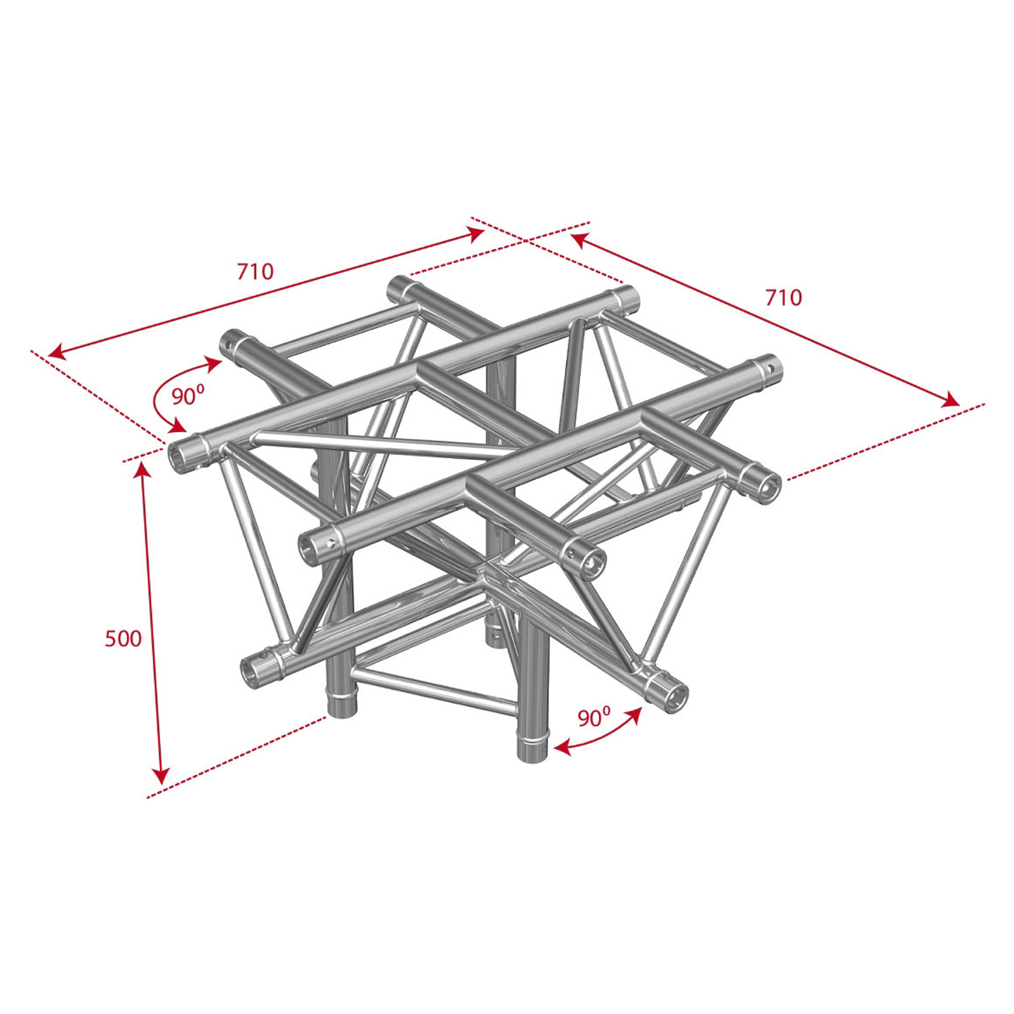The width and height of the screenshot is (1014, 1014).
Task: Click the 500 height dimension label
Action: pyautogui.click(x=123, y=638)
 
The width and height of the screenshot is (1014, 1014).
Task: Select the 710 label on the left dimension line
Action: pyautogui.click(x=255, y=271)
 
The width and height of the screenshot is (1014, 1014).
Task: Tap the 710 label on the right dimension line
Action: pyautogui.click(x=784, y=297)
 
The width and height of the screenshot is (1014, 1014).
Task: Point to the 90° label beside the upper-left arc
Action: pyautogui.click(x=188, y=396)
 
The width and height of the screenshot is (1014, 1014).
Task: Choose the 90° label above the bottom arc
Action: pyautogui.click(x=594, y=717)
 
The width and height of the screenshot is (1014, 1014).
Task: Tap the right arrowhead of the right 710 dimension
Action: pyautogui.click(x=950, y=401)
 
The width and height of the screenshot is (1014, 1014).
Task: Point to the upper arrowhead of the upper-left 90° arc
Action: pyautogui.click(x=214, y=362)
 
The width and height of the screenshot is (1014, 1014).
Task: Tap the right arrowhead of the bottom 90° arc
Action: pyautogui.click(x=634, y=714)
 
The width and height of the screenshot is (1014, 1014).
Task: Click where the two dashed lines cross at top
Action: pyautogui.click(x=525, y=240)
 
